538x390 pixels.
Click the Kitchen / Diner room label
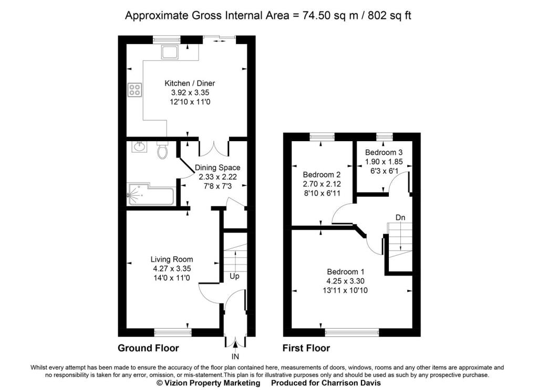tap(190, 83)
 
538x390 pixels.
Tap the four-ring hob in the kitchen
tap(135, 90)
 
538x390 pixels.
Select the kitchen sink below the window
tap(170, 52)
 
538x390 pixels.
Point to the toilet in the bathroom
tap(162, 150)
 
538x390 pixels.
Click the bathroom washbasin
tap(139, 146)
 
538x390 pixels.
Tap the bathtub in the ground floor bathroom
tap(151, 194)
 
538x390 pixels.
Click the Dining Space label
tap(218, 167)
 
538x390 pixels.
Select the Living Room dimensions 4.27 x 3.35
tap(172, 269)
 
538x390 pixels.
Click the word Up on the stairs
tap(234, 276)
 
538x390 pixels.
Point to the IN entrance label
tap(235, 357)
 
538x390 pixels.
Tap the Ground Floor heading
tap(148, 348)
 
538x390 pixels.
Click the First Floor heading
tap(306, 348)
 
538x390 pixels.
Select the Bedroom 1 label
tap(346, 272)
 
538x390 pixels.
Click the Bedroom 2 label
tap(322, 174)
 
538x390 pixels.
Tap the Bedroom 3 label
tap(384, 152)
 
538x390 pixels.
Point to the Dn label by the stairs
tap(400, 217)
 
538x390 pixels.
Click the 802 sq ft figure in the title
tap(389, 16)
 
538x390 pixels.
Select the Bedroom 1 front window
tap(352, 332)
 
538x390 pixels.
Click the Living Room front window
tap(172, 332)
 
